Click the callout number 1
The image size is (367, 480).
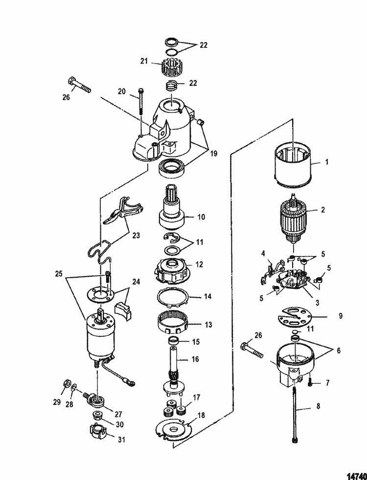(326, 162)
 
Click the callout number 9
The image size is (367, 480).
(341, 316)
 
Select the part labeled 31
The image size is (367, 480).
(99, 431)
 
